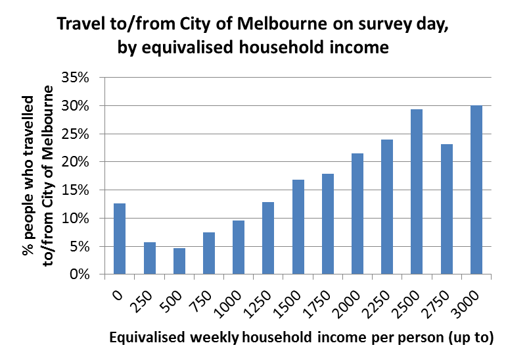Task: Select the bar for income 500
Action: pyautogui.click(x=179, y=261)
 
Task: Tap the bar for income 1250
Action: pyautogui.click(x=268, y=238)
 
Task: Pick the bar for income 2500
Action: pyautogui.click(x=417, y=191)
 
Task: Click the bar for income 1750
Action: pyautogui.click(x=327, y=224)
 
